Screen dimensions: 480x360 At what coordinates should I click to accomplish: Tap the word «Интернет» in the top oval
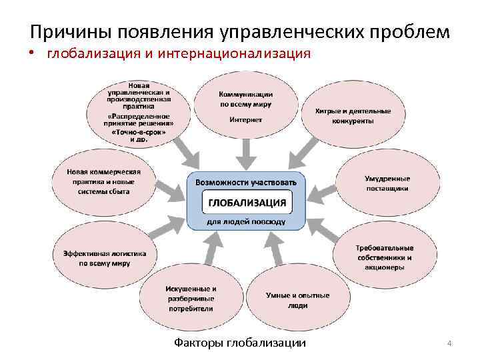point(246,120)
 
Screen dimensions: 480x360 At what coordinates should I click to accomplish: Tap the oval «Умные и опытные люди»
point(288,300)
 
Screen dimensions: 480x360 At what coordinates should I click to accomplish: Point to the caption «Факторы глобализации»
point(240,343)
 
